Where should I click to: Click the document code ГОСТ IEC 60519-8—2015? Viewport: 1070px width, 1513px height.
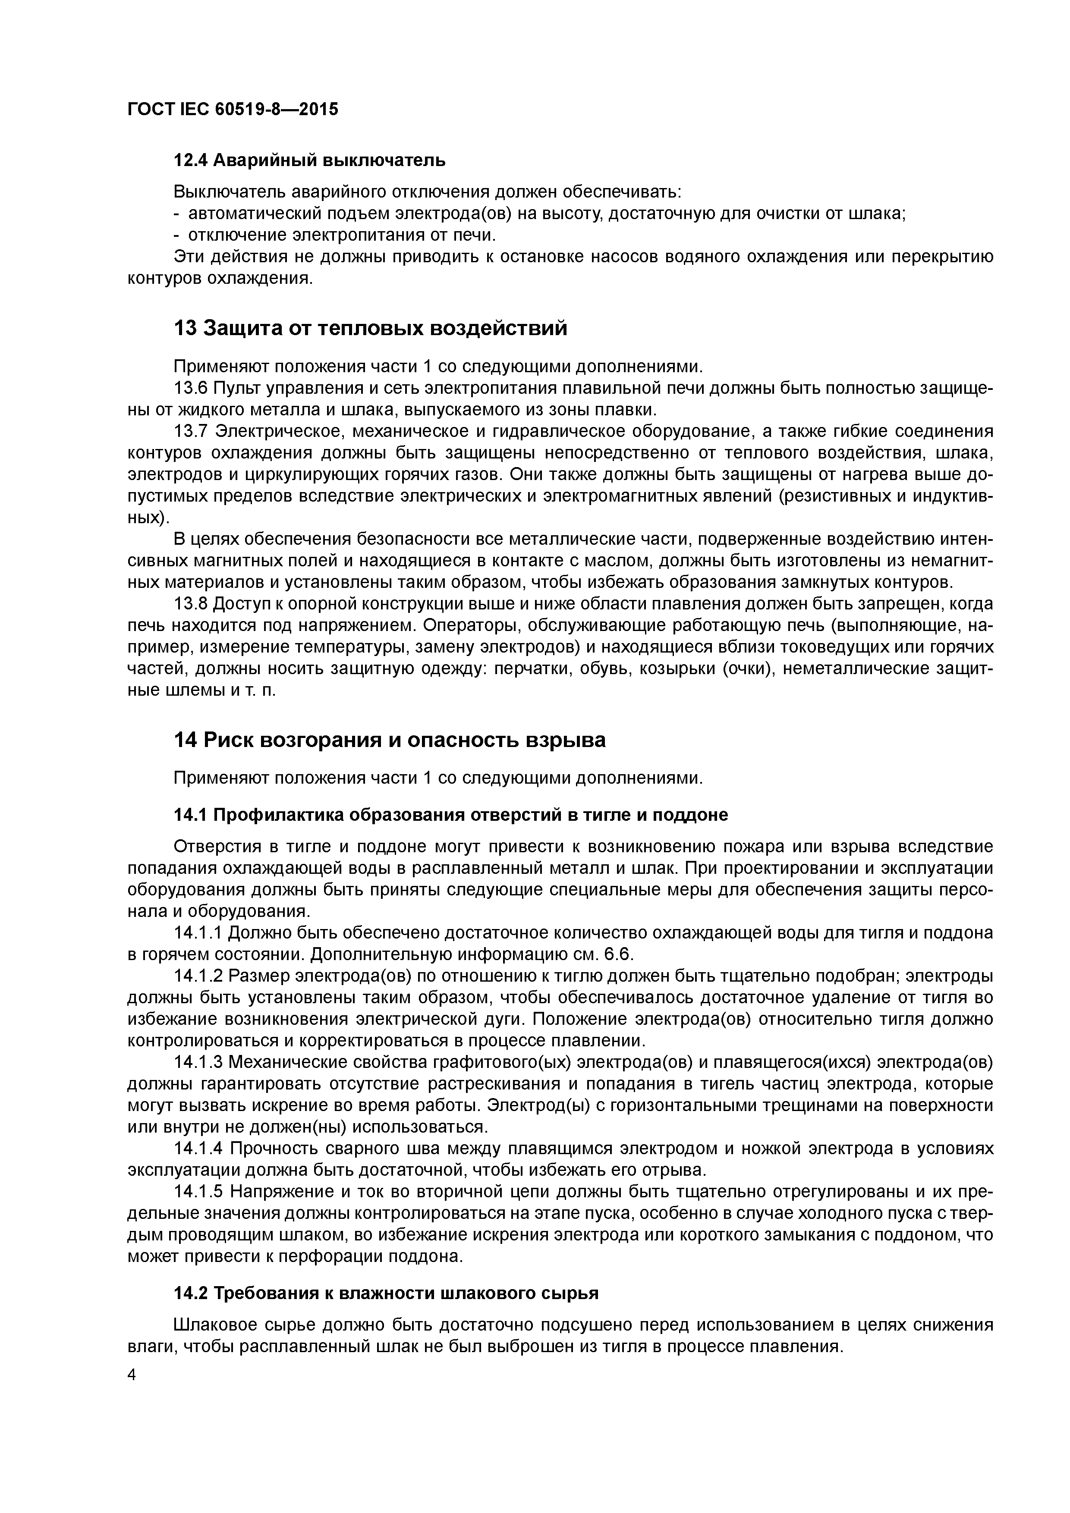[x=232, y=109]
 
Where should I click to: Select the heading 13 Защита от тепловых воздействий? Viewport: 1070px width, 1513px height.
[x=370, y=327]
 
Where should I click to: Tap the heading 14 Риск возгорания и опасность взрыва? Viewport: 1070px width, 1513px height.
[x=389, y=740]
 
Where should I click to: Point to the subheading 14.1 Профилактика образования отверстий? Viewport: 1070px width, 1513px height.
[x=450, y=815]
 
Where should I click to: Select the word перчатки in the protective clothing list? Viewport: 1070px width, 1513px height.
[x=532, y=669]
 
